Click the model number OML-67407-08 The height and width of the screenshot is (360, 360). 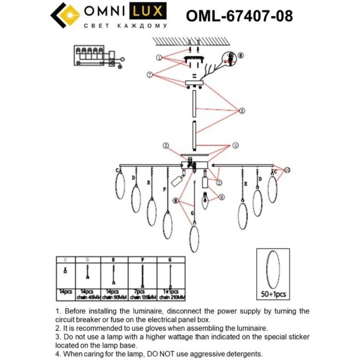click(240, 14)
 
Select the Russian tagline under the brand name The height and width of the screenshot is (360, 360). click(125, 27)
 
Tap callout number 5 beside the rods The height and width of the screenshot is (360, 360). click(242, 111)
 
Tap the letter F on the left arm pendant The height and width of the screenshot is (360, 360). click(164, 188)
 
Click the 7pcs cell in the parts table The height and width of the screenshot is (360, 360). click(142, 290)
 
